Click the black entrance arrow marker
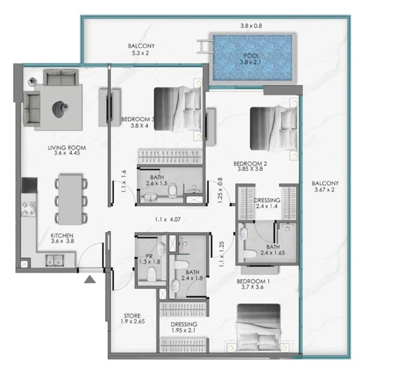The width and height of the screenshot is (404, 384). (x=90, y=279)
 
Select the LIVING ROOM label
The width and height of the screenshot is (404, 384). (x=67, y=150)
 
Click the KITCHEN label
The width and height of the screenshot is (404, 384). (x=62, y=238)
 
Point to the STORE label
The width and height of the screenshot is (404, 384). (x=132, y=318)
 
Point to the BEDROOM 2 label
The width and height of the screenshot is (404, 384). (x=250, y=166)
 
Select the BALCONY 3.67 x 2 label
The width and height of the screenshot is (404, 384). (x=325, y=186)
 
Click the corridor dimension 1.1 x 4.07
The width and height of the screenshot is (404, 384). (x=168, y=219)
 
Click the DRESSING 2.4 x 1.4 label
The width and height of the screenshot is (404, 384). (x=267, y=203)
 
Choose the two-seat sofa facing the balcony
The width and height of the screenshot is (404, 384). (x=61, y=77)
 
